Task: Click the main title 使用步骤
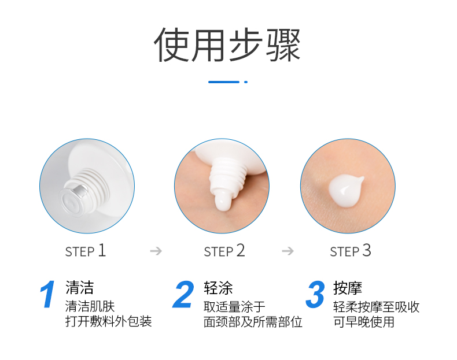[227, 45]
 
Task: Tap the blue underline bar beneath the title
[224, 82]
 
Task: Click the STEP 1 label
[86, 251]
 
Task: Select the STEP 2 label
[224, 251]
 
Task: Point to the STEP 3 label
[351, 251]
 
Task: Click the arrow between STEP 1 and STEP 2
[156, 251]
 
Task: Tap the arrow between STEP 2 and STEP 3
[288, 251]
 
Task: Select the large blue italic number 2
[183, 295]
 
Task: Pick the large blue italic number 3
[315, 295]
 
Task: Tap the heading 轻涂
[218, 288]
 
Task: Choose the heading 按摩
[348, 288]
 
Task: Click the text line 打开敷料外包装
[109, 322]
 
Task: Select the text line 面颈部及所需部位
[253, 322]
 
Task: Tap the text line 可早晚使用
[364, 322]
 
